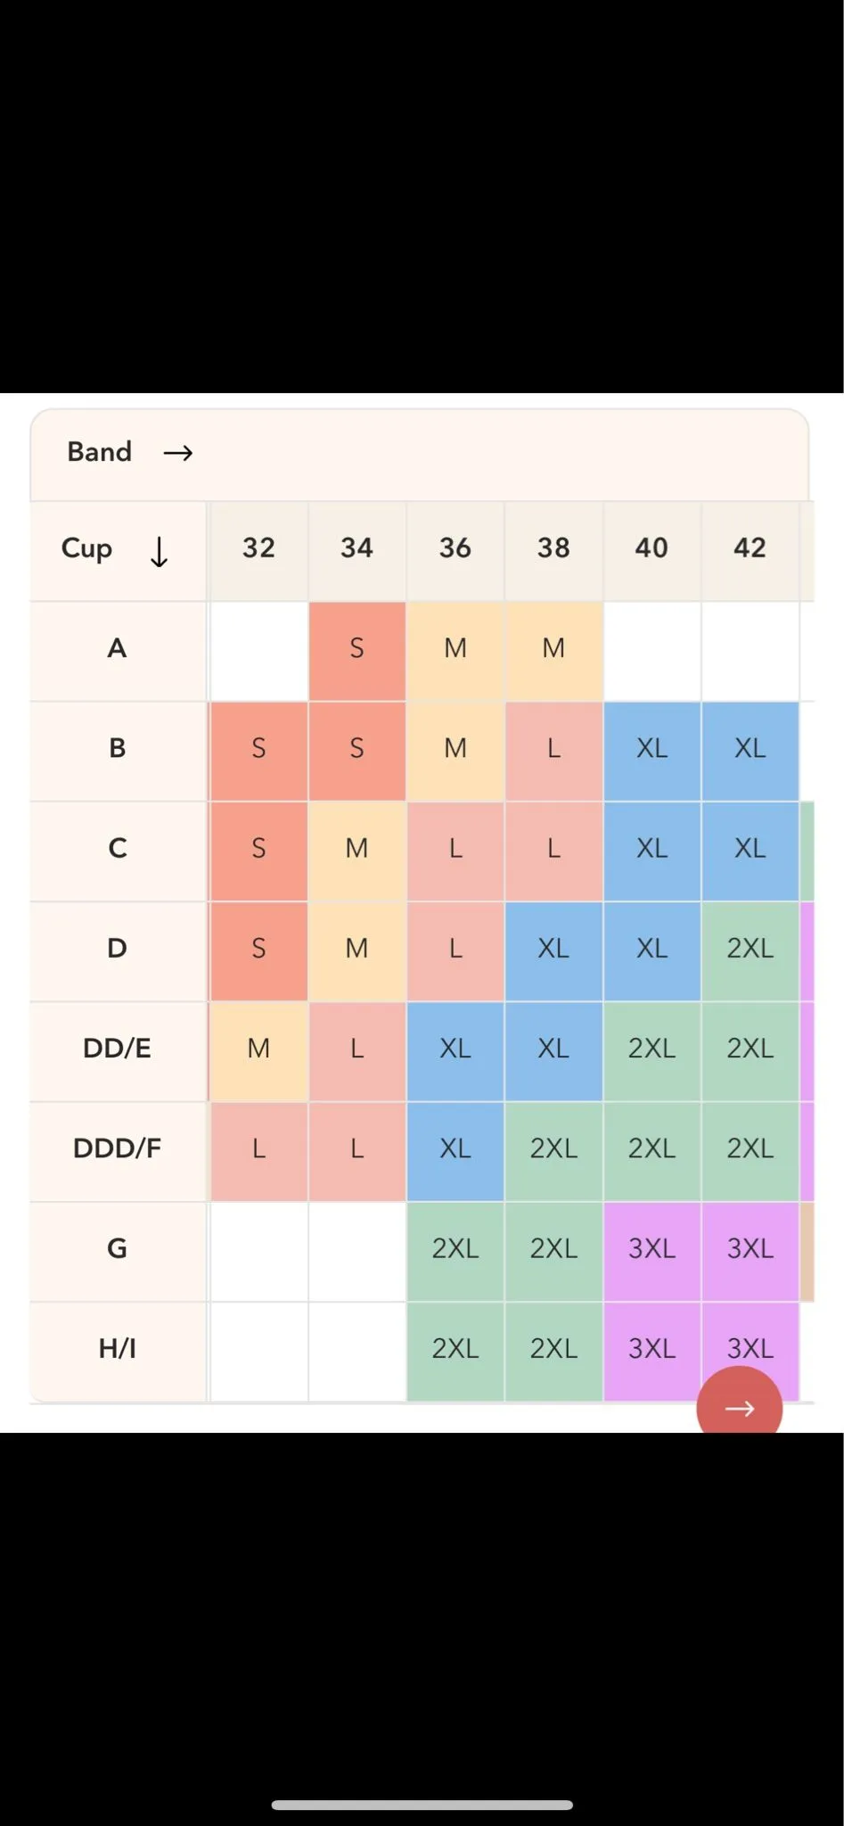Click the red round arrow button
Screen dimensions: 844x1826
[739, 1402]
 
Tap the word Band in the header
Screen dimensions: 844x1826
[100, 452]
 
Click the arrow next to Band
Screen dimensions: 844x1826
[178, 453]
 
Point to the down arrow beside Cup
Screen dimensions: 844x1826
[159, 552]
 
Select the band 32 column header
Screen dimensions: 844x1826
[258, 547]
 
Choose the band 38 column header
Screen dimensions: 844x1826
[553, 547]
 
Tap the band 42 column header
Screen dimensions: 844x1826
[750, 547]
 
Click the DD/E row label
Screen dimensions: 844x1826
[118, 1049]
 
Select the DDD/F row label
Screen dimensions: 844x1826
[118, 1148]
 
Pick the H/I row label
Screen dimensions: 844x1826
[118, 1348]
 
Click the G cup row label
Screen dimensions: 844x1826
[118, 1248]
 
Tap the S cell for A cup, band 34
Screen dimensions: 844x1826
[356, 648]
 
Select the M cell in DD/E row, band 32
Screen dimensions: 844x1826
[258, 1049]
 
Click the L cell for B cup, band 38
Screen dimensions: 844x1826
[553, 748]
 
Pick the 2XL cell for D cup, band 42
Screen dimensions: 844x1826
[750, 948]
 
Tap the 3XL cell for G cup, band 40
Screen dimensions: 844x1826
[651, 1248]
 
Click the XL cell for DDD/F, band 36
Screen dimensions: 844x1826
[455, 1148]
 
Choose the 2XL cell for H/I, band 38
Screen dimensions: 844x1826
[553, 1348]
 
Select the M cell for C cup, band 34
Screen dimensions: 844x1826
[356, 848]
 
